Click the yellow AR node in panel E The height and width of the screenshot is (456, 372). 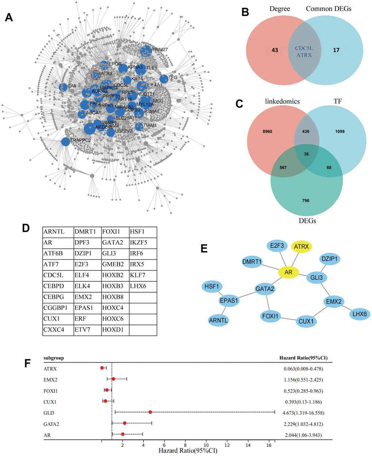coord(288,272)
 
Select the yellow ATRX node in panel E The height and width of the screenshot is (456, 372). coord(301,247)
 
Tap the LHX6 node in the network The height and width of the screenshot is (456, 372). coord(360,313)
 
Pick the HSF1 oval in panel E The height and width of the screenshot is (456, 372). coord(212,286)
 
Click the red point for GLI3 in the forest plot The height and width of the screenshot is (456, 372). coord(150,412)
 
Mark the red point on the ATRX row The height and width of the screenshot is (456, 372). coord(102,368)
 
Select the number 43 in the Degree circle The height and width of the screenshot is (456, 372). coord(275,50)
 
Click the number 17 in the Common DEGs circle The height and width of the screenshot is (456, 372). coord(336,50)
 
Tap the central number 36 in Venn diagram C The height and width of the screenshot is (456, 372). coord(306,154)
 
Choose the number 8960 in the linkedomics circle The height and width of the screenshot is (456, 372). coord(267,131)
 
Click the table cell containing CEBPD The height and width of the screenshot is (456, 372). coord(58,286)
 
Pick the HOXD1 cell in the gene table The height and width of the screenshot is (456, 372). coord(115,330)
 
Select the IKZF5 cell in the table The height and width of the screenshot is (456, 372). coord(143,243)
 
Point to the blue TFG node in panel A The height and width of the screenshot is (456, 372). coord(164,79)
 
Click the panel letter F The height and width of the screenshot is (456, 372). coord(27,364)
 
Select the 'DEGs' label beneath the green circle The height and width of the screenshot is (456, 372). coord(307,220)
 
